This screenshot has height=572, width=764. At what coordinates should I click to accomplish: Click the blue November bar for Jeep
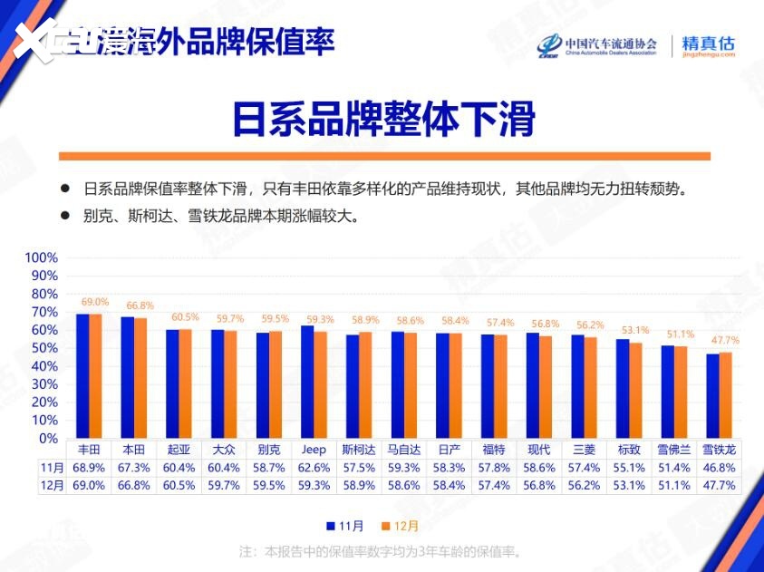307,382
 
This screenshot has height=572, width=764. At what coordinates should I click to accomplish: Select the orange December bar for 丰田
95,376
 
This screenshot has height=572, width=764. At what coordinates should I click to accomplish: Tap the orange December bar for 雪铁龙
726,395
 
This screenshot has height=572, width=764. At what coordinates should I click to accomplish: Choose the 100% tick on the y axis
41,257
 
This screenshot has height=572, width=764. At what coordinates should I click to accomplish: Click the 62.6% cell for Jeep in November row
314,468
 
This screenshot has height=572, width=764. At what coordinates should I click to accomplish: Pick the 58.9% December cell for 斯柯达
358,485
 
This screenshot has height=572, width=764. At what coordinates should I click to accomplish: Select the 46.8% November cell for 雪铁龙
720,468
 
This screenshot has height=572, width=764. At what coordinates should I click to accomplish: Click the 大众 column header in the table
224,450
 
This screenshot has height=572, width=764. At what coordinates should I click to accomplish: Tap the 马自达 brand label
403,450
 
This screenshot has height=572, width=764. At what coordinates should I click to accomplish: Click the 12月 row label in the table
53,485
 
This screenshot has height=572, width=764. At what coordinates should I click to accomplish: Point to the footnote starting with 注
380,551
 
